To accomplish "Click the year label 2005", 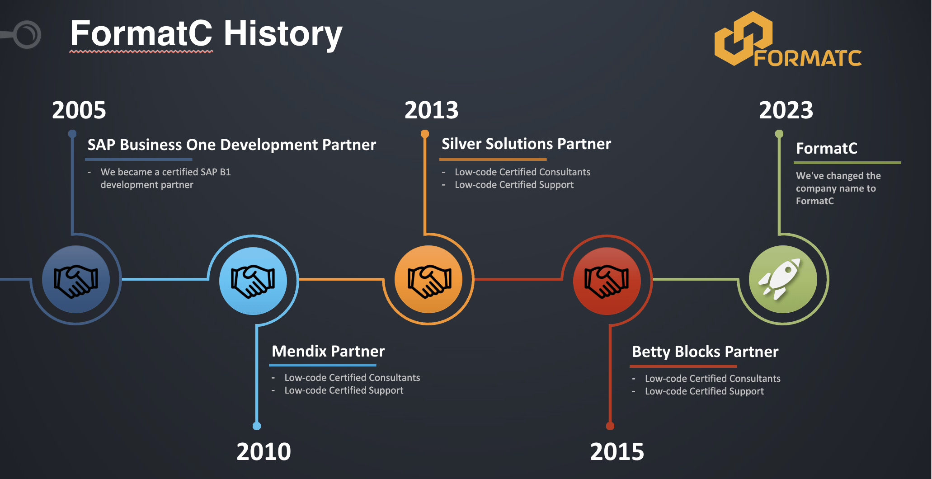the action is [x=79, y=110].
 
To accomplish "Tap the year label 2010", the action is [x=264, y=452].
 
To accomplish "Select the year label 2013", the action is [x=432, y=110].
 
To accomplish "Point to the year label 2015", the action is [x=617, y=452].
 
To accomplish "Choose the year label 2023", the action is [x=786, y=110].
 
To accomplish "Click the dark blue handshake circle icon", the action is [x=76, y=279].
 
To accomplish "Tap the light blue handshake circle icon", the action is [x=253, y=281].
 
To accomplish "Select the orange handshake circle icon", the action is [x=428, y=279].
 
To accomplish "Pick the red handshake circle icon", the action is [x=607, y=281].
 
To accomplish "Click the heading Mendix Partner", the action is [x=328, y=352].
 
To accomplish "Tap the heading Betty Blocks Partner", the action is [x=705, y=352].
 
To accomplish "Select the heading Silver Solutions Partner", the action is [x=526, y=144].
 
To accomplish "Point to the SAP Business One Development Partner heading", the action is [x=232, y=145].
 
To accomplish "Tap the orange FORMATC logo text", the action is [x=808, y=58].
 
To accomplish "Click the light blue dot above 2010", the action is [x=257, y=426].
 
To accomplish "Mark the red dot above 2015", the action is [x=610, y=426].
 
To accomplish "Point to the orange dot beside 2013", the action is [x=425, y=134].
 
